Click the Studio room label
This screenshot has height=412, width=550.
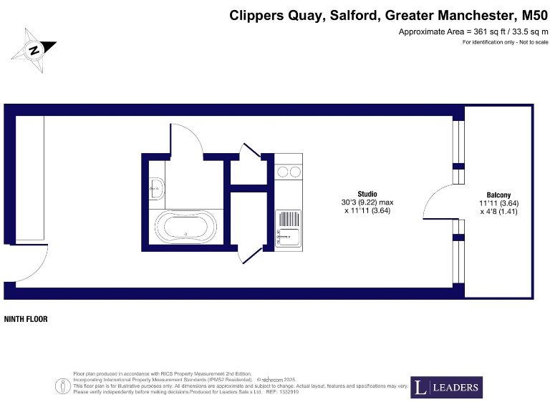tap(367, 194)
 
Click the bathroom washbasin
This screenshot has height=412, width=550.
tap(157, 189)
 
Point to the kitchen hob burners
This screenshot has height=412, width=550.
tap(288, 172)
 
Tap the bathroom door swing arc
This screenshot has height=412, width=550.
tap(188, 139)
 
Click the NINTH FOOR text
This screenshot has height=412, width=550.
tap(26, 319)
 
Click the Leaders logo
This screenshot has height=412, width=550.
tap(446, 388)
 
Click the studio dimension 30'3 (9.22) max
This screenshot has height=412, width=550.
tap(367, 202)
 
